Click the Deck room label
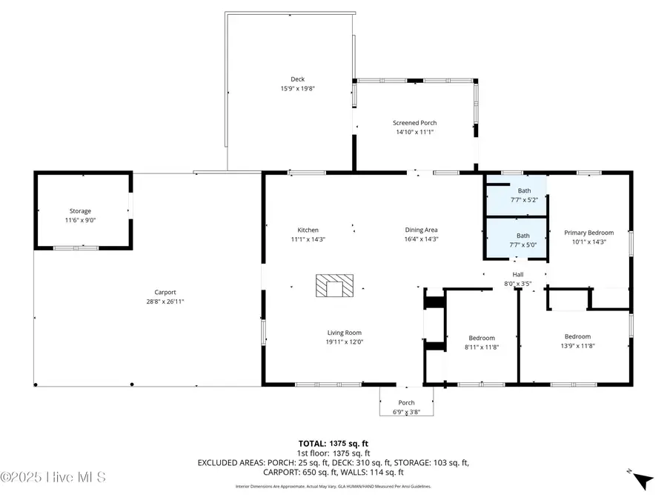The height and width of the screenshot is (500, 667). [x=297, y=79]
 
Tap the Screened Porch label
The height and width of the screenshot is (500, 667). [x=414, y=123]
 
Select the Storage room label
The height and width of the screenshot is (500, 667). [x=80, y=211]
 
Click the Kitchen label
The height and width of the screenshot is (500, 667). [x=308, y=230]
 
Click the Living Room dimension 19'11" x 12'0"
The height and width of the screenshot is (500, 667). [x=345, y=341]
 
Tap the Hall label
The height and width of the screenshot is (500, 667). [x=518, y=274]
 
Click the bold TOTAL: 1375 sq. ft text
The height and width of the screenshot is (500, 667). [x=333, y=443]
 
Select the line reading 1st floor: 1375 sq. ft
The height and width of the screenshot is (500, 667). [x=333, y=453]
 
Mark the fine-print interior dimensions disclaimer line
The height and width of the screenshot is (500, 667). [x=333, y=487]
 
